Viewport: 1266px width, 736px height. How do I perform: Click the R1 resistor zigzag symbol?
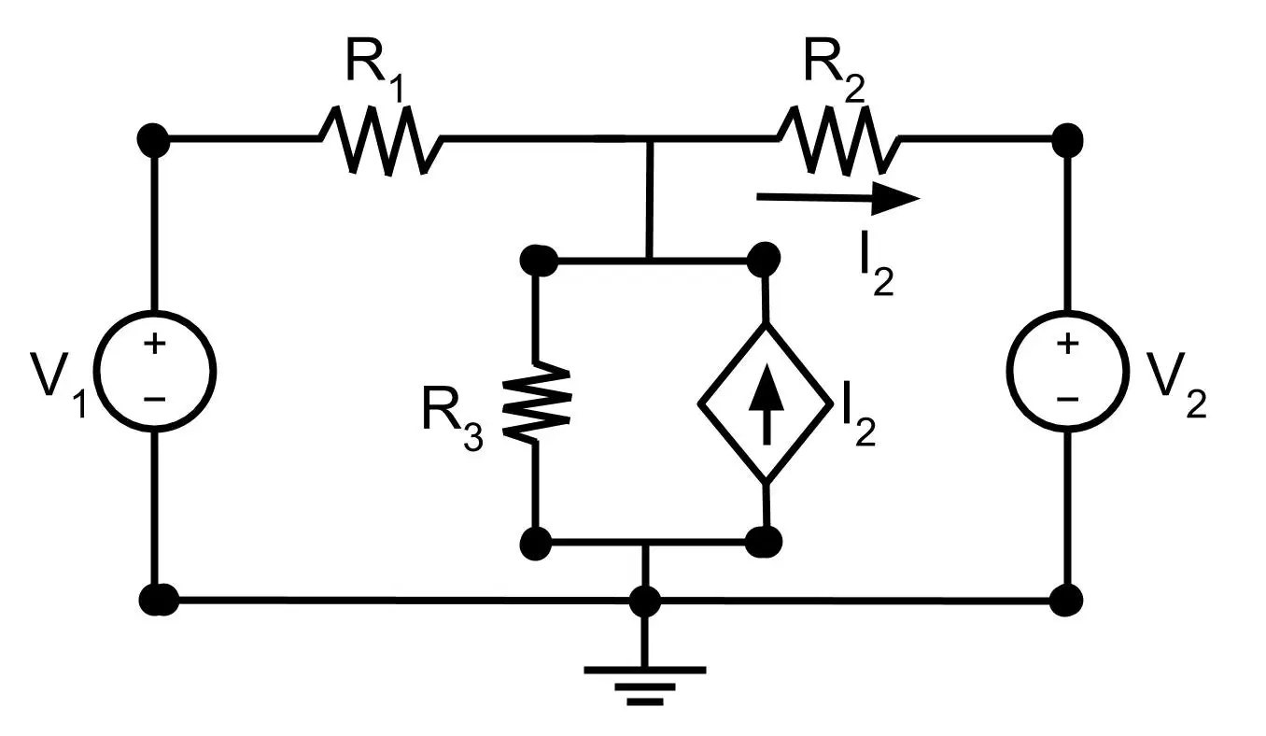381,139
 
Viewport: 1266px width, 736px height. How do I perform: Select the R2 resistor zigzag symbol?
838,139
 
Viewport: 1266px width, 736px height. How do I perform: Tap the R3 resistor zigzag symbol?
536,403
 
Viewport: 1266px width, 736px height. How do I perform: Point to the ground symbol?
645,686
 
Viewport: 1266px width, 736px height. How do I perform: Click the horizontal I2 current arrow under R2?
838,198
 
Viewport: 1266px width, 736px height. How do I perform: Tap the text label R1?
375,69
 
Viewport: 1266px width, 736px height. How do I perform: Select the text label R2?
835,69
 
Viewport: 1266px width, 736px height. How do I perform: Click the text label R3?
452,418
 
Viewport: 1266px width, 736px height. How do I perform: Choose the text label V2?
1176,385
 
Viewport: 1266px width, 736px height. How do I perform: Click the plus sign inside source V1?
154,344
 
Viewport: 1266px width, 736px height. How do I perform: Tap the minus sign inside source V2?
1068,400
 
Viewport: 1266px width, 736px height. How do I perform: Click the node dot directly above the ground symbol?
645,601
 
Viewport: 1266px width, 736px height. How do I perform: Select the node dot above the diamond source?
764,260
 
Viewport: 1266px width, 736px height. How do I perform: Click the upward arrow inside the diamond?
767,403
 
